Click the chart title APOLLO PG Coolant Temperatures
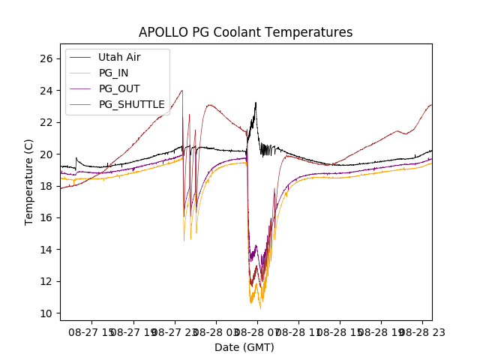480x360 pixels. pos(245,32)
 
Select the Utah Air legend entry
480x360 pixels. pos(118,57)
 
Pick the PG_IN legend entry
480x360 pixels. pos(113,73)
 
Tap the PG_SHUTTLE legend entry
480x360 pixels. pos(131,104)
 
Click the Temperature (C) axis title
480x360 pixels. pos(29,181)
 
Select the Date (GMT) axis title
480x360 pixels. pos(244,347)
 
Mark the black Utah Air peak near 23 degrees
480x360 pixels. pos(256,103)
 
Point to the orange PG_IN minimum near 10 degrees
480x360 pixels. pos(260,308)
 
